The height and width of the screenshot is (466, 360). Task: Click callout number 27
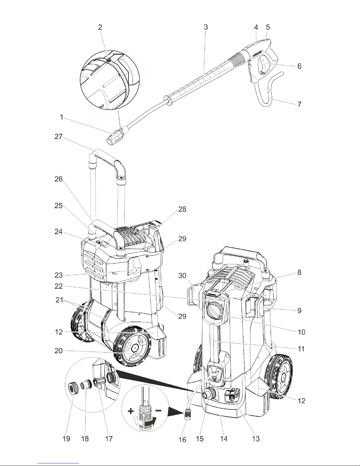pos(58,137)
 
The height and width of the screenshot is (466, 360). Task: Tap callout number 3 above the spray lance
pos(206,27)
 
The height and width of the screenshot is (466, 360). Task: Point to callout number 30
pos(182,275)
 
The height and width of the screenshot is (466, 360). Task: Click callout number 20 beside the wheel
pos(58,351)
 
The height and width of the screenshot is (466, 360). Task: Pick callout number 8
pos(299,272)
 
